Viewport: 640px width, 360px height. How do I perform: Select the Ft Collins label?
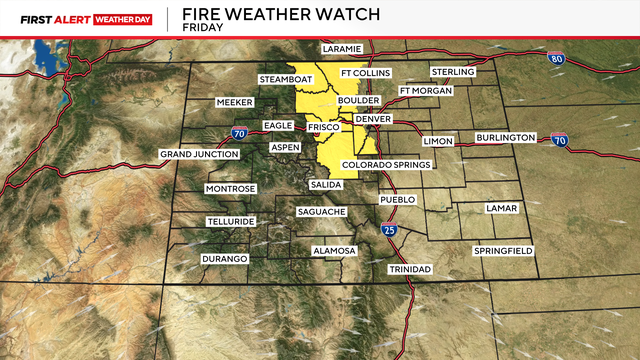coord(365,73)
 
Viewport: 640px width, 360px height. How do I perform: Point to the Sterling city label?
coord(452,72)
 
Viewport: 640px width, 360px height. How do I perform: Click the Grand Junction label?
coord(200,154)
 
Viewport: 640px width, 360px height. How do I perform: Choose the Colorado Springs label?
coord(385,165)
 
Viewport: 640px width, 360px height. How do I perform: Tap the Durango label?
coord(225,259)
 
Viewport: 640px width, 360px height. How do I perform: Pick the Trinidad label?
coord(410,270)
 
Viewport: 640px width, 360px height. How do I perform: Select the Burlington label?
coord(505,137)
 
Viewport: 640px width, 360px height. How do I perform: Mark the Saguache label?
coord(321,212)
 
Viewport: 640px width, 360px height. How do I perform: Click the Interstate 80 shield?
coord(556,60)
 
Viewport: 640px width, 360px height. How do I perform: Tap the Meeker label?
coord(237,102)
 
